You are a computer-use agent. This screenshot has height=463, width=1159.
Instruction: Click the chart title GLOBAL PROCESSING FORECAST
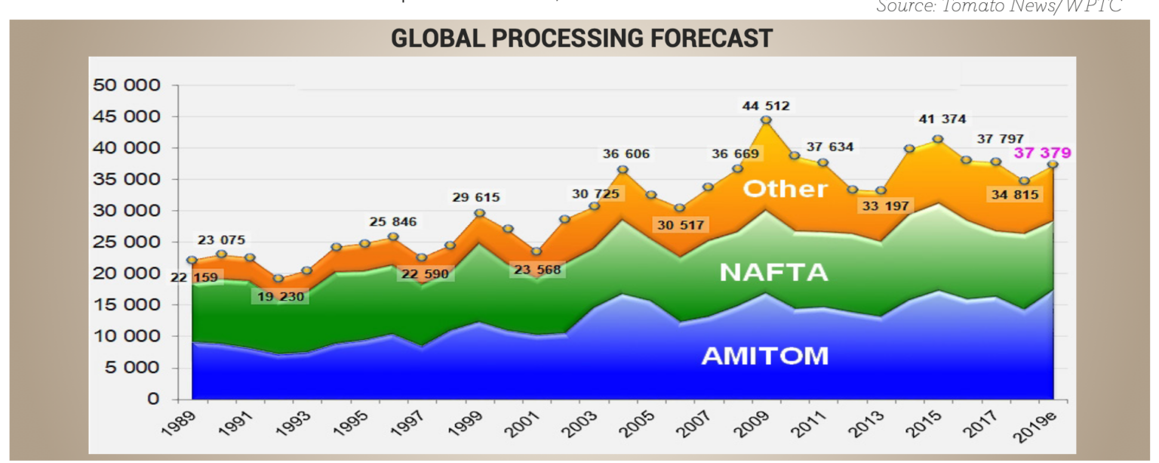(582, 39)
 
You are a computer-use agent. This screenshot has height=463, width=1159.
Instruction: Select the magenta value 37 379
(1042, 153)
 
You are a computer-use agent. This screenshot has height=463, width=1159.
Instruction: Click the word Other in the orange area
(785, 189)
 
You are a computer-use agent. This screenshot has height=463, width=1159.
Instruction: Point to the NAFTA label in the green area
(773, 273)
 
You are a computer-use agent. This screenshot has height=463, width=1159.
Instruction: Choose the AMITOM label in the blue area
(764, 356)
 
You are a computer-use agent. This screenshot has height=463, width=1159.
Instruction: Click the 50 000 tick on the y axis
(126, 85)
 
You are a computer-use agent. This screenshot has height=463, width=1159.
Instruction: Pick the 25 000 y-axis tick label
(126, 242)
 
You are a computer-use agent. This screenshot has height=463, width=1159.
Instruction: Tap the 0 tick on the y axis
(153, 399)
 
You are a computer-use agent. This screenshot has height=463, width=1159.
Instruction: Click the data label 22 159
(189, 277)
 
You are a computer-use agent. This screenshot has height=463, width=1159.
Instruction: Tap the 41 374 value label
(942, 119)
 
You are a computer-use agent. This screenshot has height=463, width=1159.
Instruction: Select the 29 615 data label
(475, 198)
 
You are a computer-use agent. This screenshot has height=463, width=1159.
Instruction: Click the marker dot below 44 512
(766, 120)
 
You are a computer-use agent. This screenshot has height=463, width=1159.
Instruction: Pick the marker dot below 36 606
(623, 170)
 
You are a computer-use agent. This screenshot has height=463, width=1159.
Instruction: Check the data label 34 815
(1013, 195)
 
